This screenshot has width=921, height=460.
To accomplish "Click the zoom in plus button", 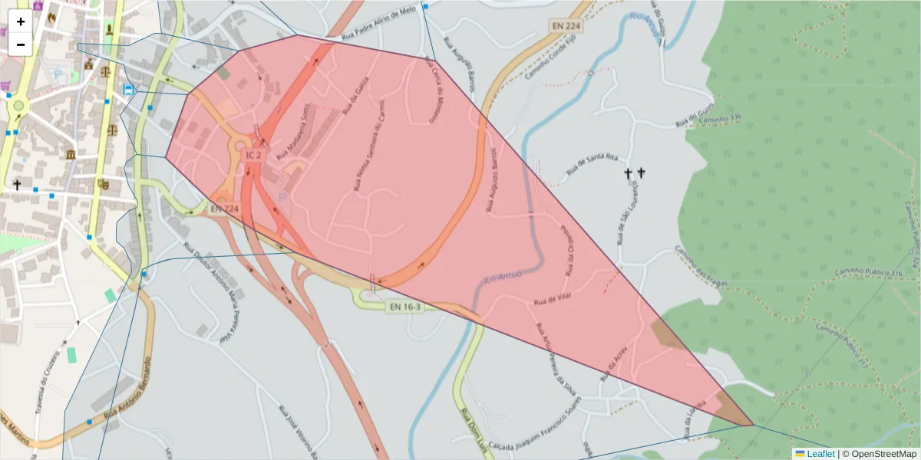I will [x=21, y=21].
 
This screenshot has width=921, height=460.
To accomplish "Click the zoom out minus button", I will [x=21, y=44].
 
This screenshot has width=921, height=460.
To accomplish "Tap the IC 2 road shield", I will [x=253, y=155].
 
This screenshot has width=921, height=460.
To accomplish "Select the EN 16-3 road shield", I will [x=404, y=307].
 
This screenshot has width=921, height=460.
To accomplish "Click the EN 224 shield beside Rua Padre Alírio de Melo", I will [x=566, y=25].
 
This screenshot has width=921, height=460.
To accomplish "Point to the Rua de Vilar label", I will [x=553, y=296].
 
